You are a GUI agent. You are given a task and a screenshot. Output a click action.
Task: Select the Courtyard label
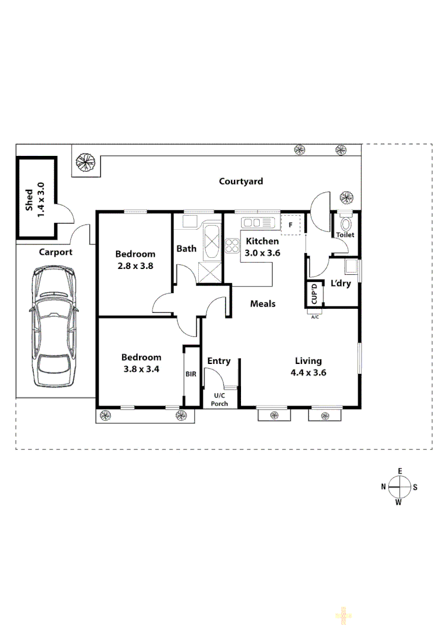click(241, 182)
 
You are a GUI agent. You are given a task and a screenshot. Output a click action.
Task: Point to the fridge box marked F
click(290, 224)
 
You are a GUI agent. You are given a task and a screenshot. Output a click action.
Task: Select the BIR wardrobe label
click(191, 374)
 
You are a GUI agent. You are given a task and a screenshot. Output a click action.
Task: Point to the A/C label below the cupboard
click(315, 317)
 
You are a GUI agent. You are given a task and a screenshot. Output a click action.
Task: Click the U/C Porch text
click(219, 400)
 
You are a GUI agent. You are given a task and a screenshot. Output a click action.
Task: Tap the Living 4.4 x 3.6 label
click(308, 366)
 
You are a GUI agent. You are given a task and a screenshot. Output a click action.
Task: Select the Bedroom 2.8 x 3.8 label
click(135, 259)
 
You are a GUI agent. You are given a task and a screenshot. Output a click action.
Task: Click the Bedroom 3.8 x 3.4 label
click(141, 363)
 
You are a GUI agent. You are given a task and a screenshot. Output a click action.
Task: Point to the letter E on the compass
click(399, 471)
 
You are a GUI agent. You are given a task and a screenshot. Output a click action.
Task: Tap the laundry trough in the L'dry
click(351, 267)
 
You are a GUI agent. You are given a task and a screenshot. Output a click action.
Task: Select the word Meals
click(263, 304)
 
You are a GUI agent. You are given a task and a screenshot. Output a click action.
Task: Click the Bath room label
click(186, 249)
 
